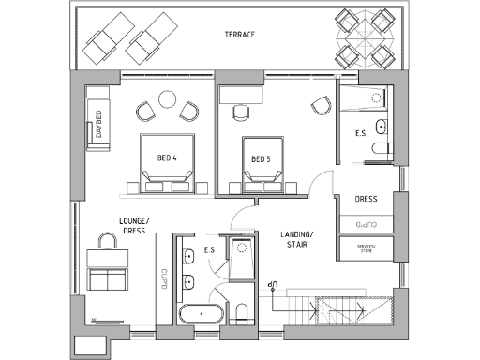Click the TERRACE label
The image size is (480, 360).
point(240,35)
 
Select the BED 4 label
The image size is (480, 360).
point(168,157)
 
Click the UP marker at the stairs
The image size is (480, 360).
point(273,282)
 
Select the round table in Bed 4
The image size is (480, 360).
point(168,98)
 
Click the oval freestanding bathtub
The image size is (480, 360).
point(201,312)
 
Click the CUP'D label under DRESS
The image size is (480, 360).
point(367,225)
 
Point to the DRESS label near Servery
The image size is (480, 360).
point(367,200)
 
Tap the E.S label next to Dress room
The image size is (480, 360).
point(360,134)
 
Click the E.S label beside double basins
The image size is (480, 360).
point(211,251)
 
